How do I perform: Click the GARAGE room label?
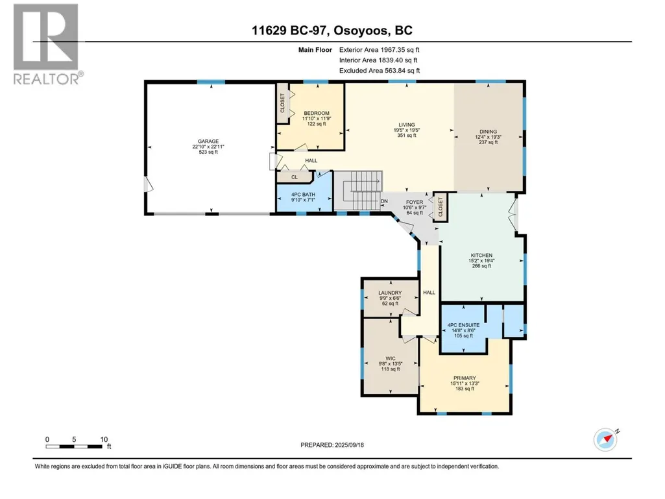(x=208, y=141)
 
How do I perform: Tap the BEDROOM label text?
(x=317, y=114)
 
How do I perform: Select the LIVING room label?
(x=407, y=125)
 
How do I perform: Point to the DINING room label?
(x=488, y=132)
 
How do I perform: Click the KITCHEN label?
(x=481, y=256)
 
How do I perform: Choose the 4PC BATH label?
(x=303, y=194)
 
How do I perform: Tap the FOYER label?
(x=415, y=202)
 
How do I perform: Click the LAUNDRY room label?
(x=390, y=293)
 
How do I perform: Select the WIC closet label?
(x=390, y=359)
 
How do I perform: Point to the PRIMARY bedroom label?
(x=465, y=378)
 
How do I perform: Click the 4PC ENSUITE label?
(x=463, y=325)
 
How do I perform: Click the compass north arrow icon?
(x=605, y=439)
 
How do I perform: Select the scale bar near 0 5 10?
(x=74, y=446)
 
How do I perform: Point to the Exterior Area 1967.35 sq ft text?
(x=379, y=50)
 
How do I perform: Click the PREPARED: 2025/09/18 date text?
(x=332, y=445)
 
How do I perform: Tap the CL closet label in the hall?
(x=295, y=177)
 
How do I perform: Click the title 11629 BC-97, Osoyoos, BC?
(x=332, y=30)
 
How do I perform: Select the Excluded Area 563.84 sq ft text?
(x=380, y=71)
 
